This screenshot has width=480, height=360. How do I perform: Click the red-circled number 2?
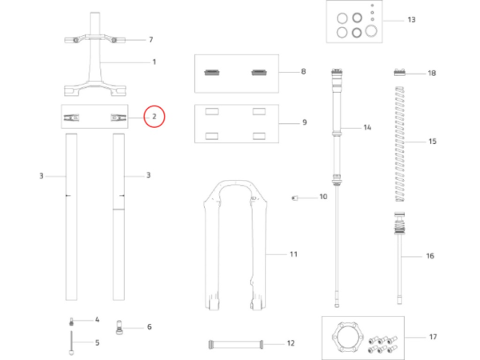point(154,117)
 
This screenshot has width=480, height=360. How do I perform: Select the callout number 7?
point(151,39)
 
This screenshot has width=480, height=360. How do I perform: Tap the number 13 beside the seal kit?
point(411,19)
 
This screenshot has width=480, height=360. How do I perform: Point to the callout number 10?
point(323,197)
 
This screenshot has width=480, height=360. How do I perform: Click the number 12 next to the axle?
point(290,343)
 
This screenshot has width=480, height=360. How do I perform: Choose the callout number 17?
point(433,337)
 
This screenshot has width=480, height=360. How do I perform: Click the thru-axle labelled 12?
point(236,344)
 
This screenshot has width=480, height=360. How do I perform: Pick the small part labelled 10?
point(294,198)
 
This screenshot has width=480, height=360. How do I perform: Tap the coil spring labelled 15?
point(400,144)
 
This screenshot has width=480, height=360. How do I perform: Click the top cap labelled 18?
point(399,72)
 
